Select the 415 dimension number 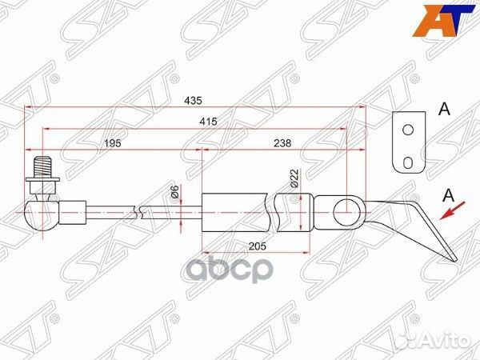[x=210, y=121]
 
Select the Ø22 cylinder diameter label [x=293, y=177]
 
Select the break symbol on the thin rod [x=141, y=211]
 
